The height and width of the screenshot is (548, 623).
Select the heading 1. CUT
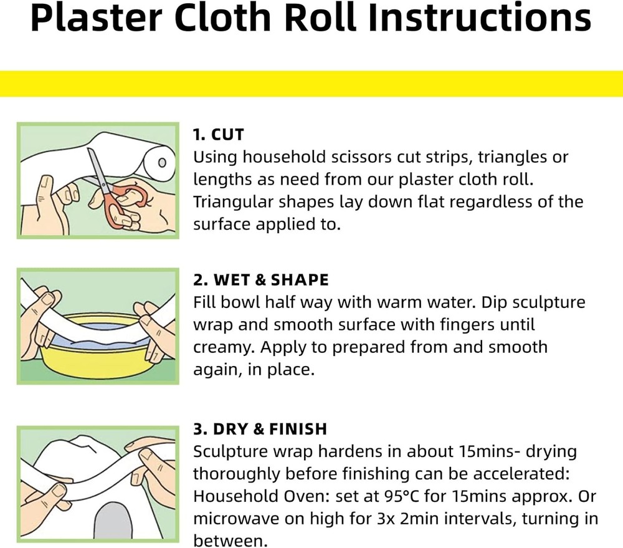point(218,135)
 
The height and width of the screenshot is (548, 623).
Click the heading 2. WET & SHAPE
point(260,281)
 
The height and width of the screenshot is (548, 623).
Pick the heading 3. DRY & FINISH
point(260,429)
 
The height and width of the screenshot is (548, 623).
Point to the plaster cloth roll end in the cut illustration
point(161,163)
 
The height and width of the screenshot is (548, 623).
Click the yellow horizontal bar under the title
point(311,84)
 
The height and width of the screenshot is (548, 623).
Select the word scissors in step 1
point(359,157)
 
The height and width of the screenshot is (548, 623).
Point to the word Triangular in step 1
point(234,202)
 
